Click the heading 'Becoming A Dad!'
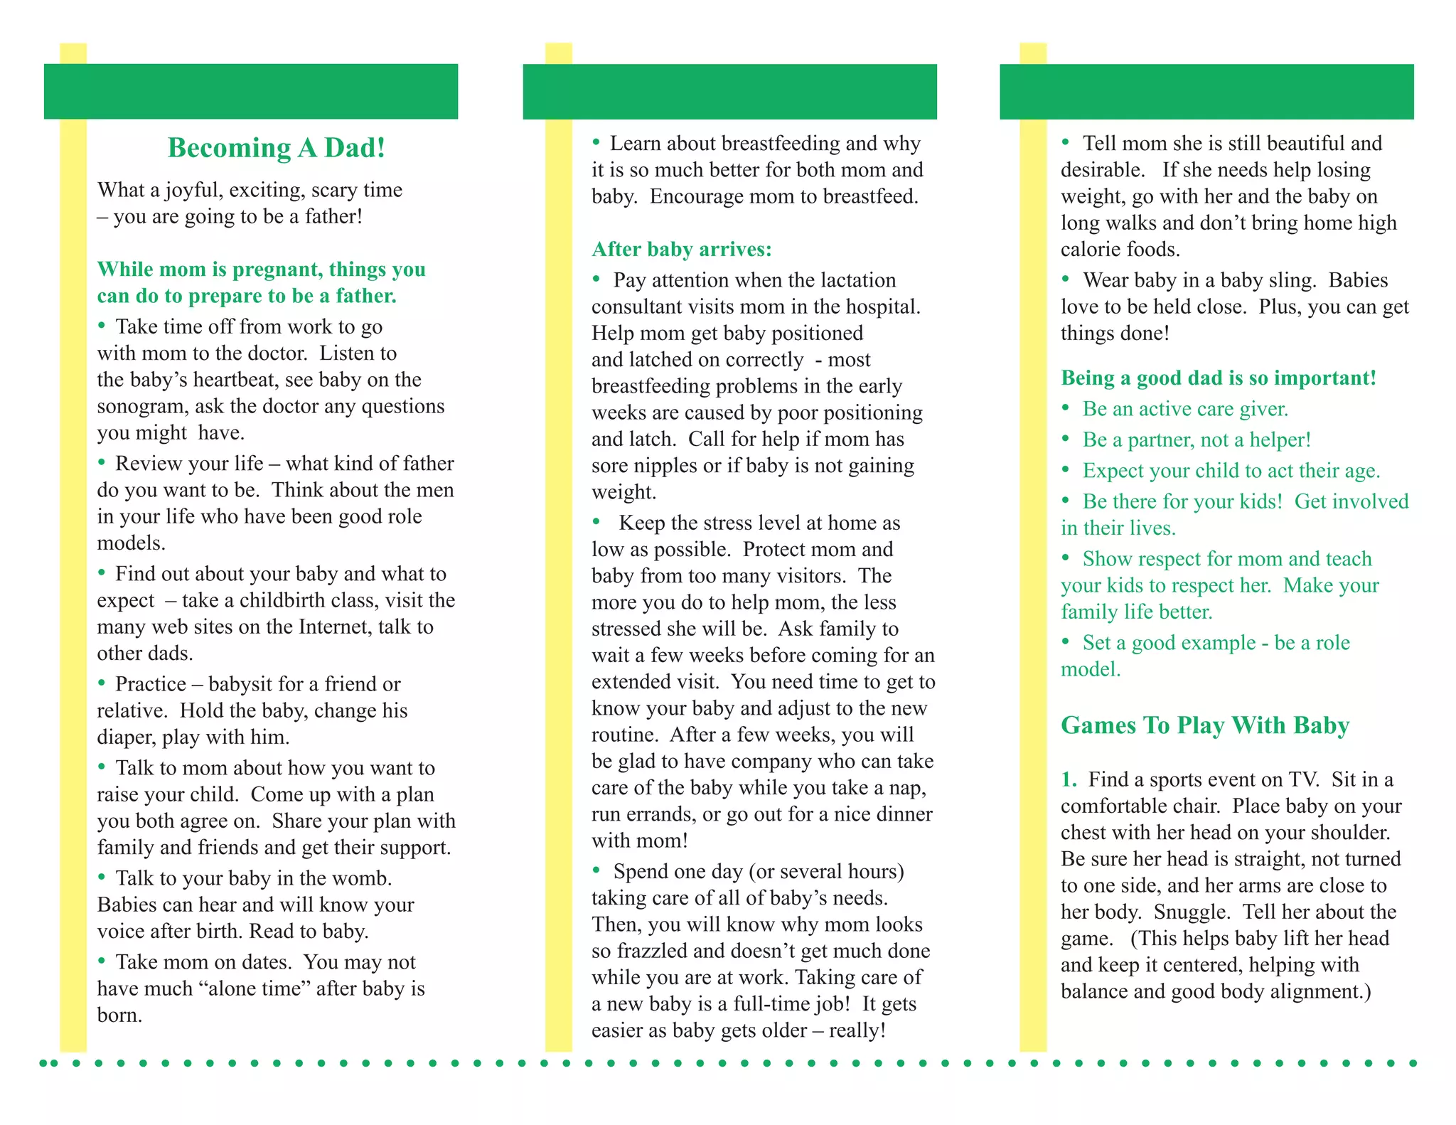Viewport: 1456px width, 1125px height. pyautogui.click(x=277, y=148)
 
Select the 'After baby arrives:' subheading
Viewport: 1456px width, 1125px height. pyautogui.click(x=681, y=250)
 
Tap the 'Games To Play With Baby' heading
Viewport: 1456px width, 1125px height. pyautogui.click(x=1204, y=725)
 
